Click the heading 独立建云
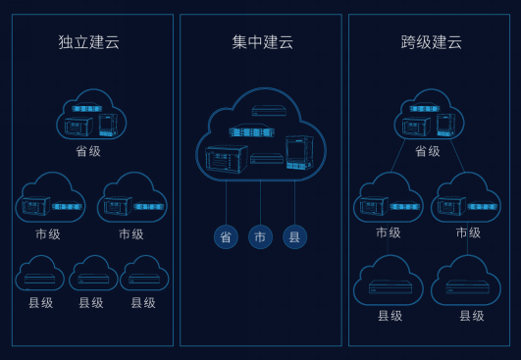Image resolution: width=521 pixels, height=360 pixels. pos(88,42)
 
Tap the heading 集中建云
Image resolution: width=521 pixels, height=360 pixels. pos(263,42)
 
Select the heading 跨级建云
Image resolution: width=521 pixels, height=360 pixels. pos(432,42)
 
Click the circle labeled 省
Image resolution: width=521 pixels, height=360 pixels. pos(226,236)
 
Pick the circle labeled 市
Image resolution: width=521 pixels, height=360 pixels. pos(260,236)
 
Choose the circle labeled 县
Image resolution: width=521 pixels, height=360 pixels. pos(294,236)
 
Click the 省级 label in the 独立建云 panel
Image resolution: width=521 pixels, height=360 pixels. pos(88,151)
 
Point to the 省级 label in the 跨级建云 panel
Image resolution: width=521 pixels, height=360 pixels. pos(428,151)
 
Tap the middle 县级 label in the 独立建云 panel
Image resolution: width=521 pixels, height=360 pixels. pos(91,303)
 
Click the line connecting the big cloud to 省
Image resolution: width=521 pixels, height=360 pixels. pos(226,203)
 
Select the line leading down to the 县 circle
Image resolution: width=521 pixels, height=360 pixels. pos(294,203)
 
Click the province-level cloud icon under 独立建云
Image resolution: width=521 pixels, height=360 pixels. pos(91,114)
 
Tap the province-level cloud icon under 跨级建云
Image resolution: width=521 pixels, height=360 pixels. pos(429,114)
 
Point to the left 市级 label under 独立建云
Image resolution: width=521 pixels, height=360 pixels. pos(48,234)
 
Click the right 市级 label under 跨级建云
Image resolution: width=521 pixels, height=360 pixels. pos(468,232)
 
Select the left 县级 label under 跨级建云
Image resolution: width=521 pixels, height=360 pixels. pos(391,316)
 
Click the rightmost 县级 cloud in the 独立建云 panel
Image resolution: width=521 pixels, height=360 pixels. pos(144,273)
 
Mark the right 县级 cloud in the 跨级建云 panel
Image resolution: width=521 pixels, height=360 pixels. pos(466,280)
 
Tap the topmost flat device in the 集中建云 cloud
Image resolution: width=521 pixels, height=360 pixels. pos(269,110)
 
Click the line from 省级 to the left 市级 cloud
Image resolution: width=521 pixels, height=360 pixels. pos(398,155)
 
